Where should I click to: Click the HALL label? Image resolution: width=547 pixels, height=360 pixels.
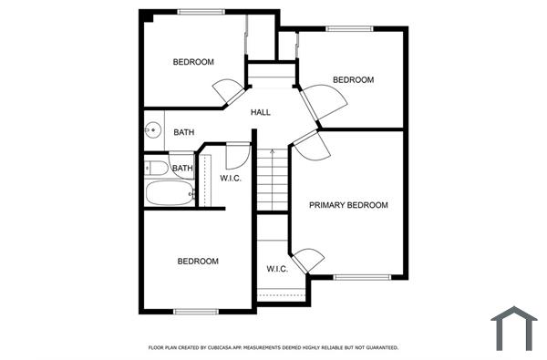(261, 112)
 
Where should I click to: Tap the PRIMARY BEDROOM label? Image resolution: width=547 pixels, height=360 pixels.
(348, 205)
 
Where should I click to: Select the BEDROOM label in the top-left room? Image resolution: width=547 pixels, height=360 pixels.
(193, 62)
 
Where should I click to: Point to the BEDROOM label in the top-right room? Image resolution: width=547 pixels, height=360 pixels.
(353, 80)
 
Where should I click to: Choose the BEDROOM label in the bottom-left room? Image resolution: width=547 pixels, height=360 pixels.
(198, 262)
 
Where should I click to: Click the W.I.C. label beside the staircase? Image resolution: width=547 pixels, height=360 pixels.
(231, 178)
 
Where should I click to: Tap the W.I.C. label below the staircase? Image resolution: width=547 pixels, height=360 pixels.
(277, 269)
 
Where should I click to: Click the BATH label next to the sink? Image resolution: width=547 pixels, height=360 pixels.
(184, 133)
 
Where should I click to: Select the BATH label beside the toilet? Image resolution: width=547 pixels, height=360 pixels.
(182, 168)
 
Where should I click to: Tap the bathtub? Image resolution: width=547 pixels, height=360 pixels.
(169, 193)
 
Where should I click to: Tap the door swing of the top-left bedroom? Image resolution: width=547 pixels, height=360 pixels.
(225, 90)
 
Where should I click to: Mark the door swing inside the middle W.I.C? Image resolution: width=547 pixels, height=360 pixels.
(238, 154)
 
